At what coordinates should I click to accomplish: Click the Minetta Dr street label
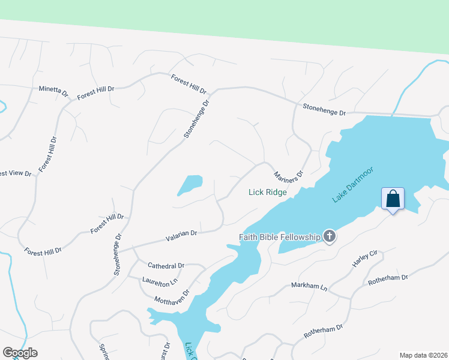pos(53,91)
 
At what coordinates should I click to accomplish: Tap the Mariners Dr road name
pos(289,176)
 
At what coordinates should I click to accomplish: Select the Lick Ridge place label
pos(268,193)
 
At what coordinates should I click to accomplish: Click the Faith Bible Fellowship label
pos(280,237)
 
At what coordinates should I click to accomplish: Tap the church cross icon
pos(330,237)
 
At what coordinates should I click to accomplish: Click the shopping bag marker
pos(393,199)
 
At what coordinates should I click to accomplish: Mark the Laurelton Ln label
pos(160,280)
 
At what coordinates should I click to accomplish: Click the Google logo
pos(20,352)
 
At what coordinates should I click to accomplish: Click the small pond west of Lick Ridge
pos(191,185)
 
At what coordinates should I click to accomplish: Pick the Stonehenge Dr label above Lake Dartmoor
pos(325,110)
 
